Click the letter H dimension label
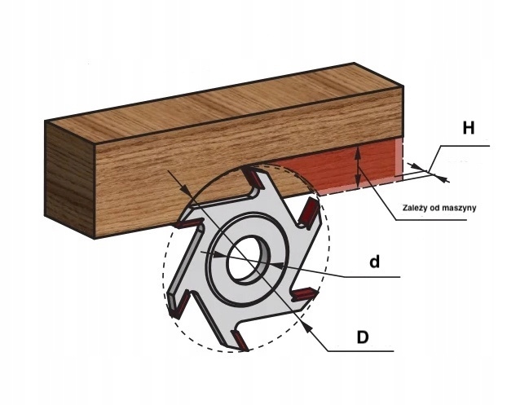(x=468, y=129)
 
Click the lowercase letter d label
(x=374, y=262)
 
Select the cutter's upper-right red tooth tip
(x=309, y=213)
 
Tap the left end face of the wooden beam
(x=70, y=179)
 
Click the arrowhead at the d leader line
(x=277, y=266)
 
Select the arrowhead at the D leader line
(x=305, y=324)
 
